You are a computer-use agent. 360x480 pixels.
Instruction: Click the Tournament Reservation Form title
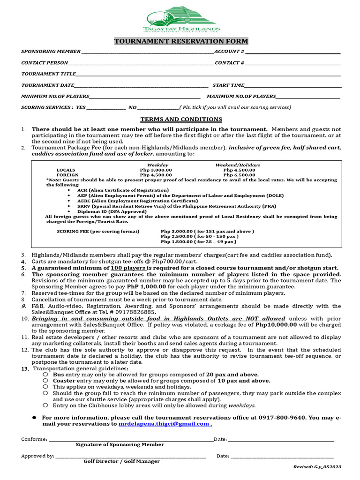tap(181, 41)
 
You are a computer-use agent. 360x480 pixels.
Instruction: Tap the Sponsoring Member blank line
tap(147, 52)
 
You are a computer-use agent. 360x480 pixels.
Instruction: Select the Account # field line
tap(292, 52)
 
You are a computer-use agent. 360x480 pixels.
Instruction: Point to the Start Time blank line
tap(292, 86)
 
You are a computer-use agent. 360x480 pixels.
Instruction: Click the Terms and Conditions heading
tap(181, 120)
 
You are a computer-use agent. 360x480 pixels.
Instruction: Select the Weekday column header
tap(157, 165)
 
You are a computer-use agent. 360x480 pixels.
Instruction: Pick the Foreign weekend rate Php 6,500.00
tap(239, 175)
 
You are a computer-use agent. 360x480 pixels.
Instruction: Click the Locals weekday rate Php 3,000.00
tap(156, 170)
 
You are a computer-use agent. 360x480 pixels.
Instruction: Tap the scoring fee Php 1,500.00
tap(177, 242)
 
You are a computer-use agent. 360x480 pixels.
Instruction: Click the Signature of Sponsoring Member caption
tap(120, 444)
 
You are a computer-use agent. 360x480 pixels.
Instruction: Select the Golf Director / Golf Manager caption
tap(122, 461)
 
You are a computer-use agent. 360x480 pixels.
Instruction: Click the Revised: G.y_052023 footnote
tap(317, 467)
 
